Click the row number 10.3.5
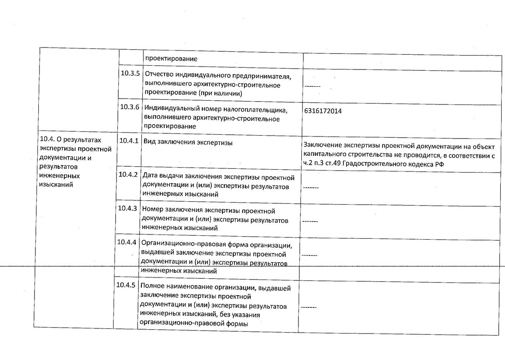[130, 73]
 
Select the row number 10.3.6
[130, 107]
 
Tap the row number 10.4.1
[129, 141]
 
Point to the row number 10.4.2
[128, 175]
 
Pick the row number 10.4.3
[127, 208]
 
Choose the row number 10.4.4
[127, 242]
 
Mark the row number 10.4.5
[126, 285]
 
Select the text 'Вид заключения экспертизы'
[188, 142]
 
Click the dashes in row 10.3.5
[312, 86]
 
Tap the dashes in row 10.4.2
[311, 187]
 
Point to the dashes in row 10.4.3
[310, 221]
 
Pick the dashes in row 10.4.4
[309, 255]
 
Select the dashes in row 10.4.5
[308, 307]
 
